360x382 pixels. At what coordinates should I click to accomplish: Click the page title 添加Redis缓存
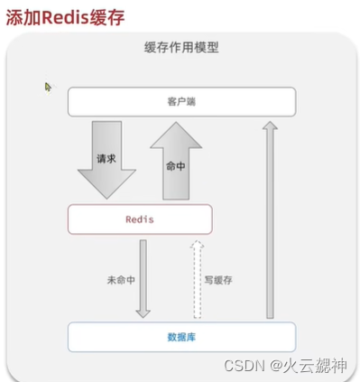click(x=65, y=18)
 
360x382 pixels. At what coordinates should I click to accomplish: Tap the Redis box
click(x=140, y=219)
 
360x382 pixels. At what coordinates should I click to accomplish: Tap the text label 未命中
click(x=120, y=280)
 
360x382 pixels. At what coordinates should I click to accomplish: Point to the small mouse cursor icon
click(x=49, y=88)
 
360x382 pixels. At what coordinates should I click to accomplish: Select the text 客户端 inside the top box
click(x=181, y=102)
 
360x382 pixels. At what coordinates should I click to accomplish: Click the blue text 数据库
click(x=181, y=336)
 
